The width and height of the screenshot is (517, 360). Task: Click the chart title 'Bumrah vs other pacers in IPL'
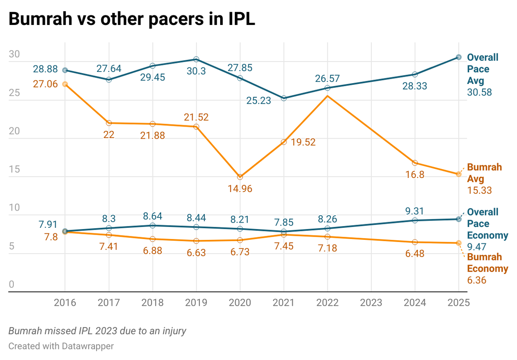pyautogui.click(x=131, y=20)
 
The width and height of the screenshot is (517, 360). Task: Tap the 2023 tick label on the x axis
pyautogui.click(x=371, y=302)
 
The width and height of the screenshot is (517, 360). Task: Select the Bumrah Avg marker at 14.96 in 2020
pyautogui.click(x=240, y=177)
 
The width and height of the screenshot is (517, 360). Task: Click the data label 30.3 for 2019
pyautogui.click(x=196, y=71)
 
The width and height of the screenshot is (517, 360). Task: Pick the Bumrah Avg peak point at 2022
pyautogui.click(x=328, y=96)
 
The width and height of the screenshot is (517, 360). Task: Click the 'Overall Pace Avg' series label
pyautogui.click(x=483, y=69)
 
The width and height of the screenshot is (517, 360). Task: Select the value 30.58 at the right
pyautogui.click(x=480, y=93)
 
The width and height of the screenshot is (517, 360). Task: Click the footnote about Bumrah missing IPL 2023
pyautogui.click(x=97, y=331)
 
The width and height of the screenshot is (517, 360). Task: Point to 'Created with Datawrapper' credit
pyautogui.click(x=61, y=346)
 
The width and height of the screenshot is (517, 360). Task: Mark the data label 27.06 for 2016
pyautogui.click(x=45, y=84)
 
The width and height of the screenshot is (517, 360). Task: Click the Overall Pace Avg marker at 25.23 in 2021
pyautogui.click(x=284, y=99)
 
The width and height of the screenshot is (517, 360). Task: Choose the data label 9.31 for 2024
pyautogui.click(x=415, y=211)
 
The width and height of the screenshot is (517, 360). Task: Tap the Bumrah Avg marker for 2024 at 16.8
pyautogui.click(x=415, y=163)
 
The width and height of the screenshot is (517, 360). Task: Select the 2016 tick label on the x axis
pyautogui.click(x=65, y=302)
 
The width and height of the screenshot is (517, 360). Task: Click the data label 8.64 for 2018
pyautogui.click(x=153, y=214)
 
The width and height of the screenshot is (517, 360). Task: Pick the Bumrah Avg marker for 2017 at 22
pyautogui.click(x=109, y=123)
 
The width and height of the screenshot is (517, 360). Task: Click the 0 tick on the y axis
pyautogui.click(x=12, y=284)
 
